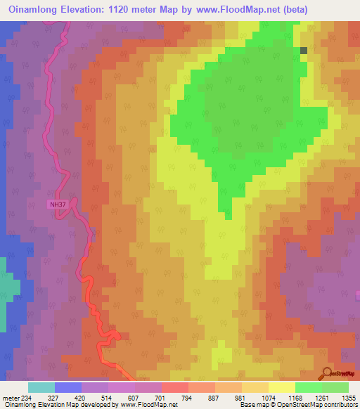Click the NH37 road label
pyautogui.click(x=58, y=205)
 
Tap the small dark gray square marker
pyautogui.click(x=304, y=51)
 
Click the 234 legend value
pyautogui.click(x=29, y=397)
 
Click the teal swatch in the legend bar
pyautogui.click(x=41, y=387)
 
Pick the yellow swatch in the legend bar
pyautogui.click(x=282, y=387)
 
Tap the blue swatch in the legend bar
pyautogui.click(x=68, y=387)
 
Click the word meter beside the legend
pyautogui.click(x=11, y=397)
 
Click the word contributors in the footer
pyautogui.click(x=339, y=405)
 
